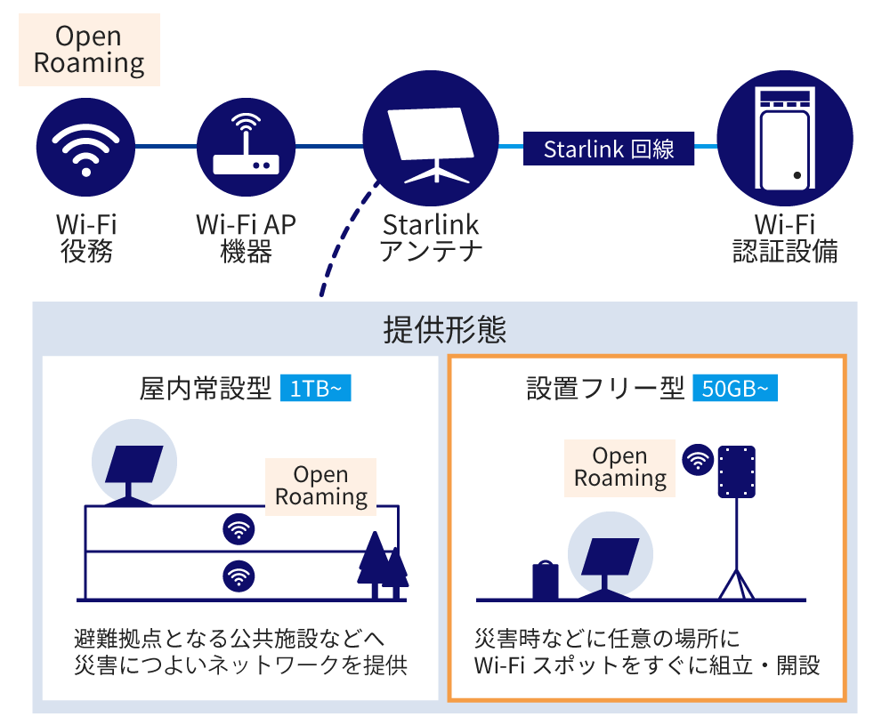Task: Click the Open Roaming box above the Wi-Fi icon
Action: (x=89, y=50)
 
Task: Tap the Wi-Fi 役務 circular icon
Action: (x=85, y=146)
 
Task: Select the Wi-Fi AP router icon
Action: (x=246, y=146)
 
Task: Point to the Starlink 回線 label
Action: (x=609, y=148)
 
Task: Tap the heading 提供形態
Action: (x=444, y=330)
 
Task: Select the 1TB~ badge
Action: (x=315, y=389)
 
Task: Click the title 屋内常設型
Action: (x=206, y=389)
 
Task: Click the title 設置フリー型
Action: (x=605, y=389)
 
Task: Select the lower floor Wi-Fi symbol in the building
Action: (x=238, y=576)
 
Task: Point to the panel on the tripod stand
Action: (x=735, y=471)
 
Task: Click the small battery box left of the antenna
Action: (x=545, y=580)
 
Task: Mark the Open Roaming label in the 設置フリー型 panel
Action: (x=619, y=467)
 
